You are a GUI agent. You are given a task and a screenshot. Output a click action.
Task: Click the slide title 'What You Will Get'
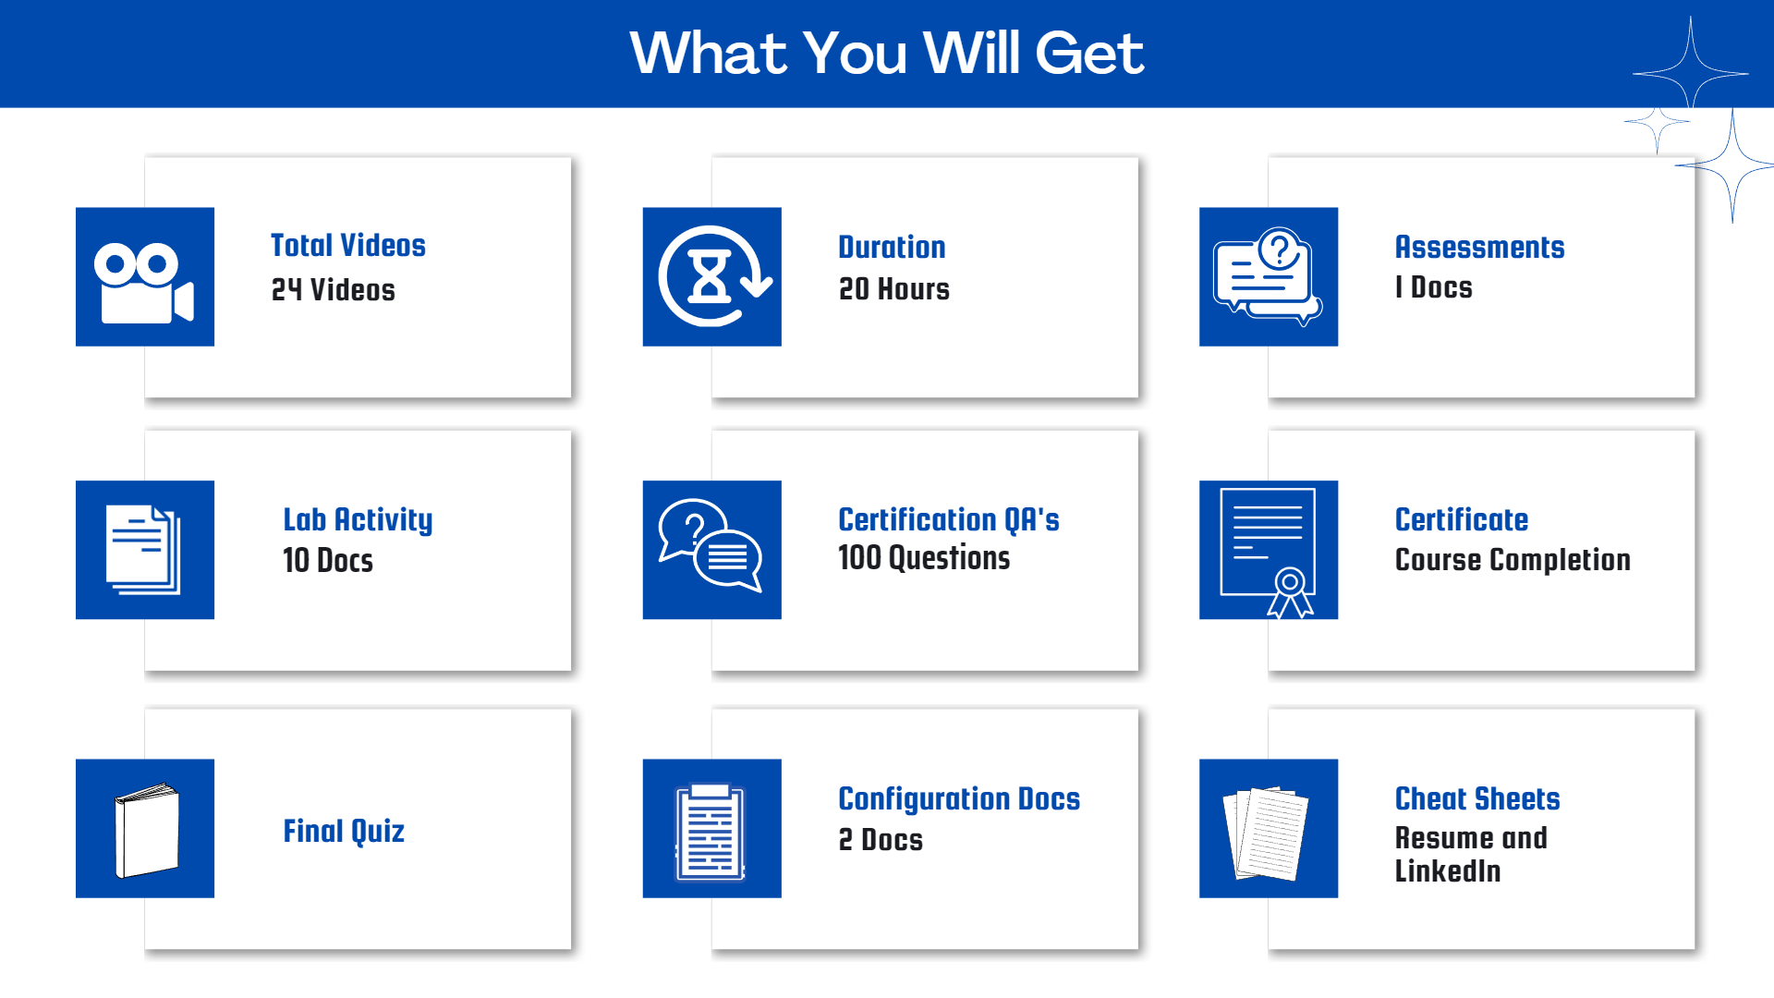tap(887, 53)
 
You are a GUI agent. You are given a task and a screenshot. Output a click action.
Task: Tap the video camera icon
tap(144, 283)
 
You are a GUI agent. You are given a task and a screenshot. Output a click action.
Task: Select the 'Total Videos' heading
tap(347, 245)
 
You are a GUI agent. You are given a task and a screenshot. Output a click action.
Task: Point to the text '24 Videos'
tap(333, 290)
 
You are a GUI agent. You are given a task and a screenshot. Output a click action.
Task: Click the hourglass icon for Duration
tap(710, 275)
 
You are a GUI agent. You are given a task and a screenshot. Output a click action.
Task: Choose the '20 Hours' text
tap(893, 289)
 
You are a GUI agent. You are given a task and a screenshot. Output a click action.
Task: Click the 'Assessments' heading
tap(1479, 247)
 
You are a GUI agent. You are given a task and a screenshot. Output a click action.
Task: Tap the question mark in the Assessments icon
tap(1281, 249)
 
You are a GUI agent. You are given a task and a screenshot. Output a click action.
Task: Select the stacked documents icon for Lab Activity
tap(143, 550)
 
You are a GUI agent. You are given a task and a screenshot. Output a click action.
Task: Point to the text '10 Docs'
tap(328, 561)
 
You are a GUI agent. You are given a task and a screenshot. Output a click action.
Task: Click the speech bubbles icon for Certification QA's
tap(711, 545)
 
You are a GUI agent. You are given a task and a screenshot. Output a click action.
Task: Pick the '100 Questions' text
tap(924, 558)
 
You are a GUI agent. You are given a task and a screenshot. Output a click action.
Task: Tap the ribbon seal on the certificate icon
tap(1290, 592)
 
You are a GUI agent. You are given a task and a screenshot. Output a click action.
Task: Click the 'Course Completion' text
tap(1513, 560)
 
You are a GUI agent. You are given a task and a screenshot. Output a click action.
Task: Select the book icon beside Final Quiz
tap(147, 831)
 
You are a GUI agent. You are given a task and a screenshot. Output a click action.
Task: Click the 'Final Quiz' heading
tap(344, 832)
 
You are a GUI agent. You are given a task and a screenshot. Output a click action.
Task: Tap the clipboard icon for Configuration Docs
tap(711, 832)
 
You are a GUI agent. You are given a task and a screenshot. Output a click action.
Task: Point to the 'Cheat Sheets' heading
tap(1477, 798)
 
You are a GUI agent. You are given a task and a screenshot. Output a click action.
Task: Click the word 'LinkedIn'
tap(1448, 870)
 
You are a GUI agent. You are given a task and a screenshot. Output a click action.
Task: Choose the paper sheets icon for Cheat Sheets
tap(1267, 834)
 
